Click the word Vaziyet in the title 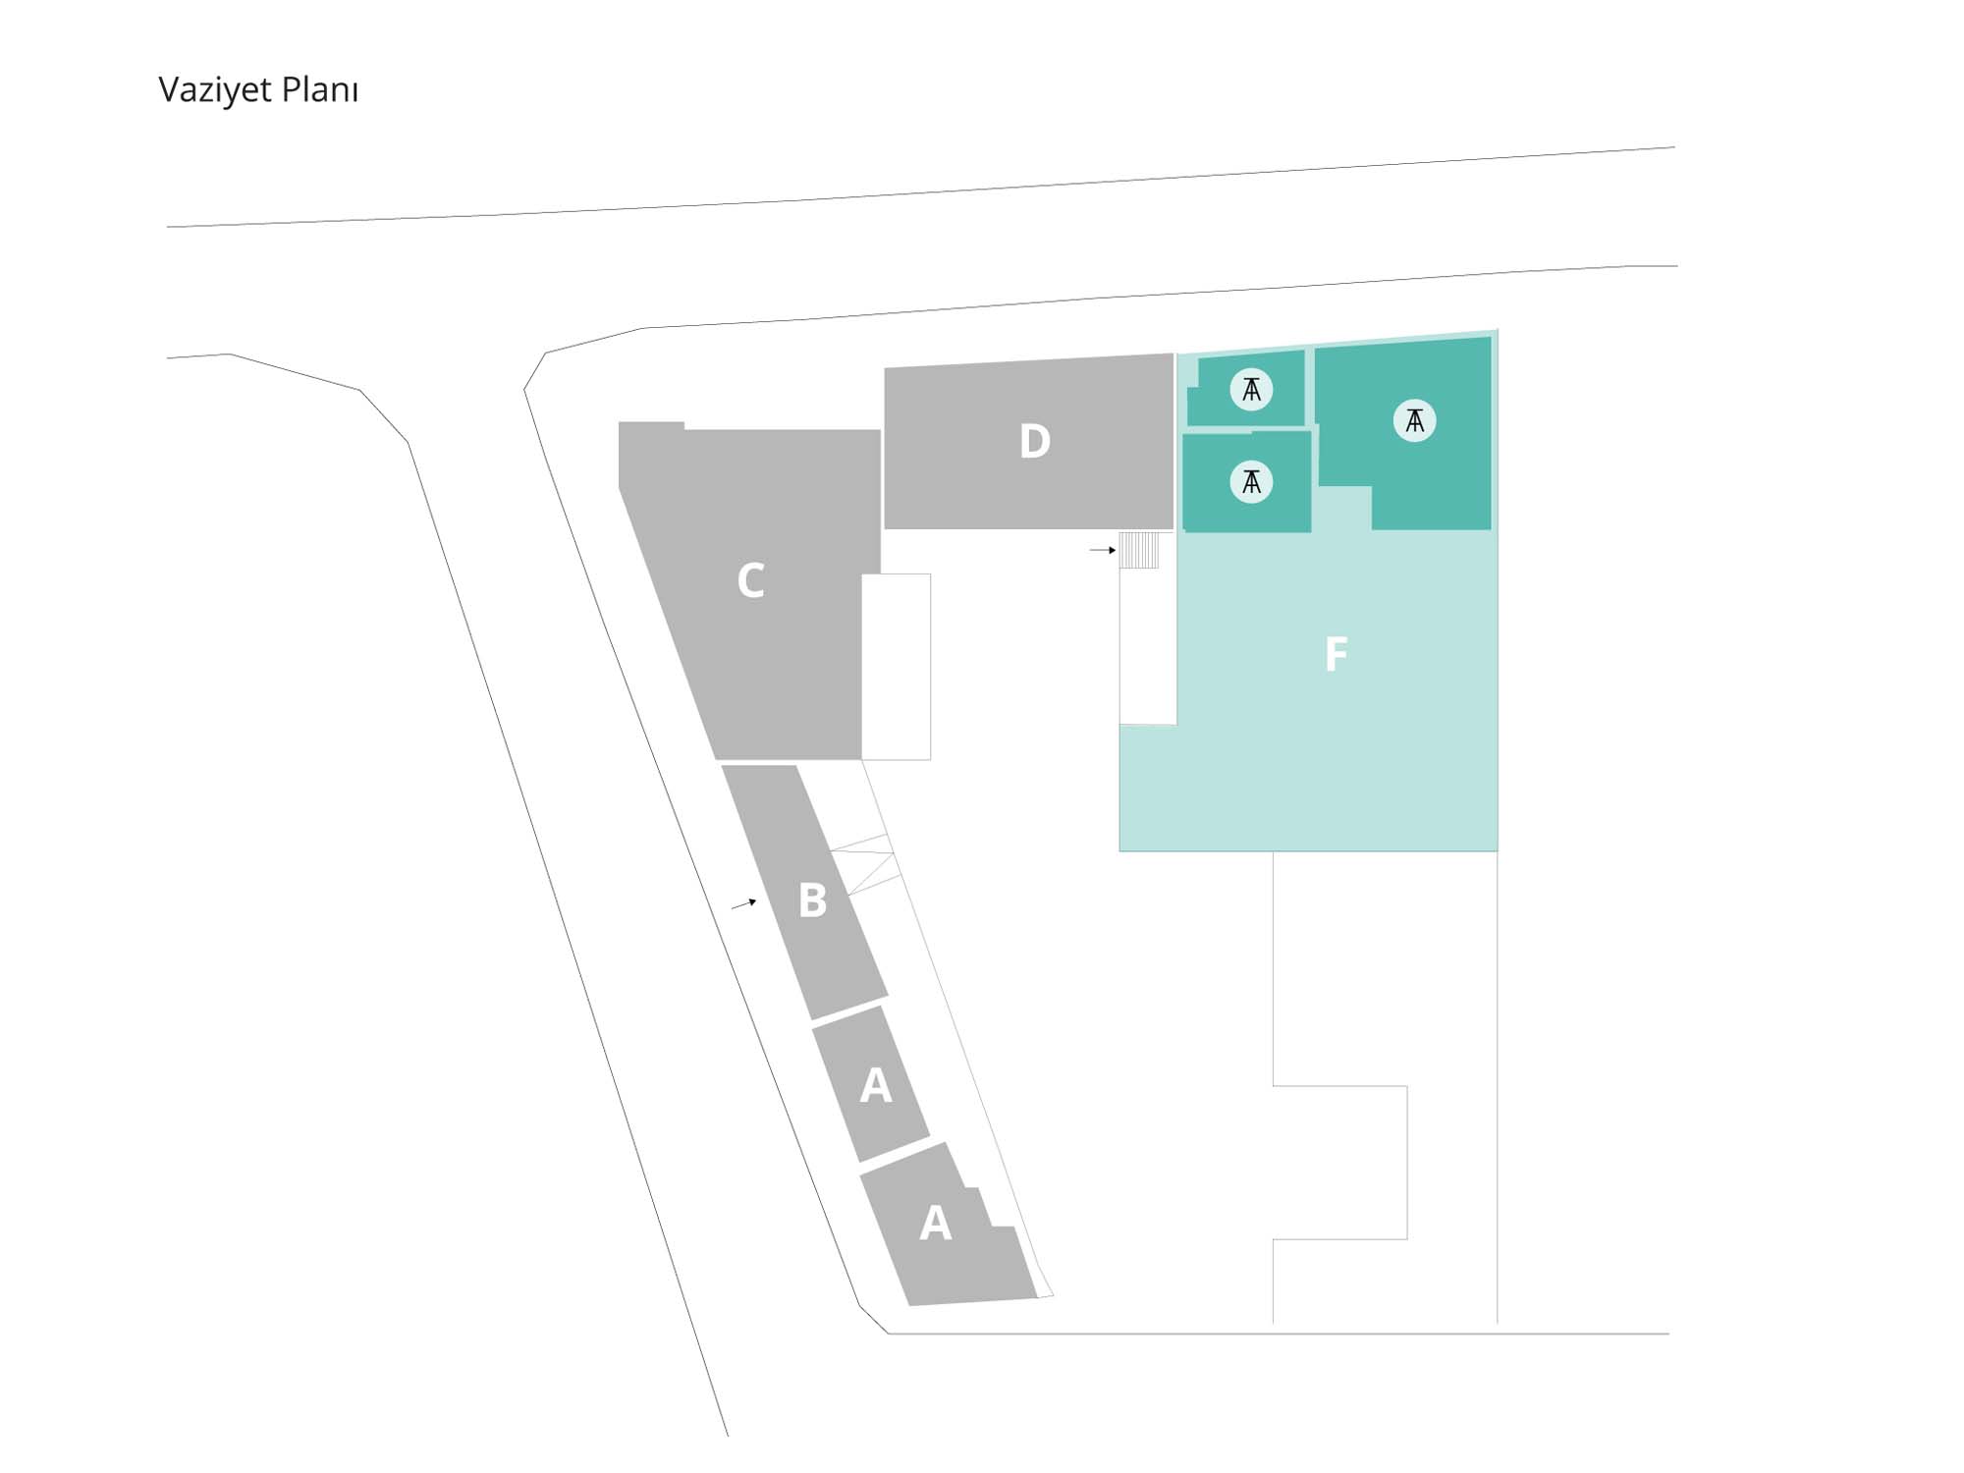coord(215,90)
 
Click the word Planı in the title coord(320,90)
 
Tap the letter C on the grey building coord(751,580)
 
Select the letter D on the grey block coord(1035,442)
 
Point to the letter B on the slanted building coord(812,900)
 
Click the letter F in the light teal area coord(1336,654)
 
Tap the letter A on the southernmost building coord(935,1224)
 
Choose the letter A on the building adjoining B coord(876,1085)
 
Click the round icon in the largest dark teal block coord(1414,420)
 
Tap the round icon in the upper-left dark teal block coord(1251,390)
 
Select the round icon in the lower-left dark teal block coord(1251,481)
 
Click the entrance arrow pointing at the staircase coord(1103,551)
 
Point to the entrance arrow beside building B coord(743,904)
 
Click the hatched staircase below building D coord(1140,550)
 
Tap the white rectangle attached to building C coord(897,667)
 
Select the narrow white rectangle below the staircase coord(1148,647)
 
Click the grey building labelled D coord(1029,442)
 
